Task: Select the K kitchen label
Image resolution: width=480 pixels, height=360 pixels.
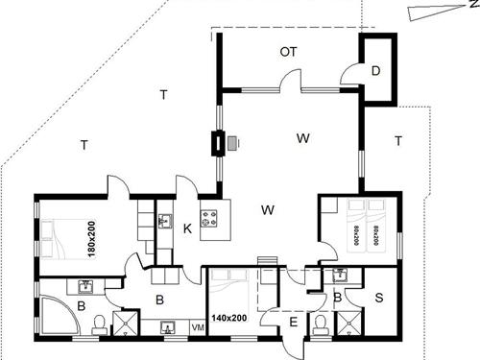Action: [x=187, y=228]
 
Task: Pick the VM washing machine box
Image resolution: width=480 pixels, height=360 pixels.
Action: [x=198, y=328]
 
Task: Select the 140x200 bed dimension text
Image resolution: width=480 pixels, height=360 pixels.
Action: [x=228, y=317]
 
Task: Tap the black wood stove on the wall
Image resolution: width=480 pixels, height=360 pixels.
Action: [x=221, y=143]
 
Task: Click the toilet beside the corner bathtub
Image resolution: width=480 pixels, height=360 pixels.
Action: [x=99, y=330]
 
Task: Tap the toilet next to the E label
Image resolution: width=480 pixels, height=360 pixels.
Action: [x=318, y=324]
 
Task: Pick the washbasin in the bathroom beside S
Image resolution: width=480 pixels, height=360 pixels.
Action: [x=338, y=276]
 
